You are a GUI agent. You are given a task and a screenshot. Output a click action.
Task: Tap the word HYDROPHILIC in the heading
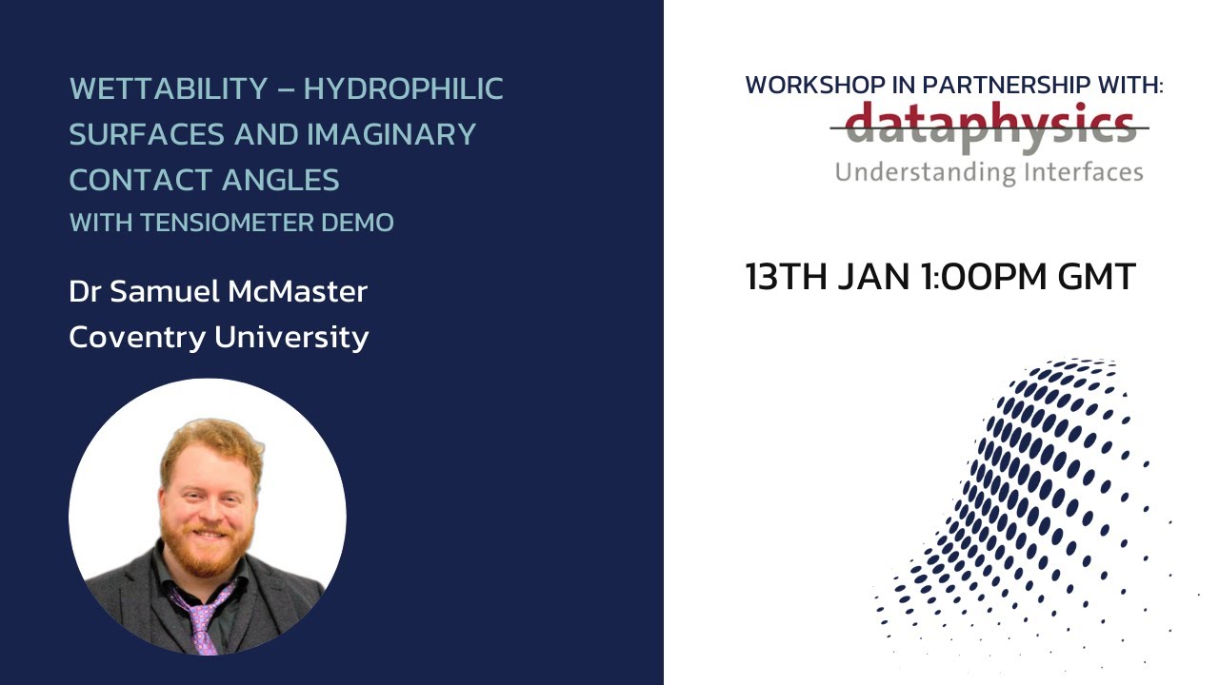pos(403,89)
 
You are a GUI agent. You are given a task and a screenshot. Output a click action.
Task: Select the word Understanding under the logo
pos(912,173)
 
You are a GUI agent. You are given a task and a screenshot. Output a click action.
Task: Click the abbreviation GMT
pos(1096,277)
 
